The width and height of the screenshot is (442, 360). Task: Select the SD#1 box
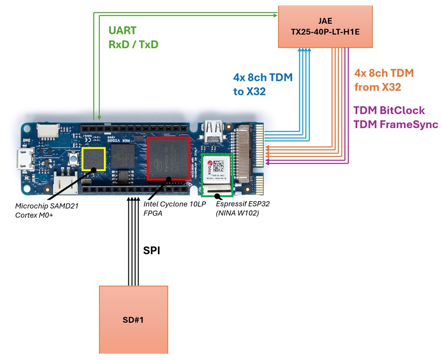(133, 319)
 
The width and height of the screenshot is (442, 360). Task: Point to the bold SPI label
(151, 251)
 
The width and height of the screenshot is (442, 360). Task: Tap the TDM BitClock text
(389, 110)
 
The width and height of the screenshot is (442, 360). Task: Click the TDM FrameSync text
(395, 124)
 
